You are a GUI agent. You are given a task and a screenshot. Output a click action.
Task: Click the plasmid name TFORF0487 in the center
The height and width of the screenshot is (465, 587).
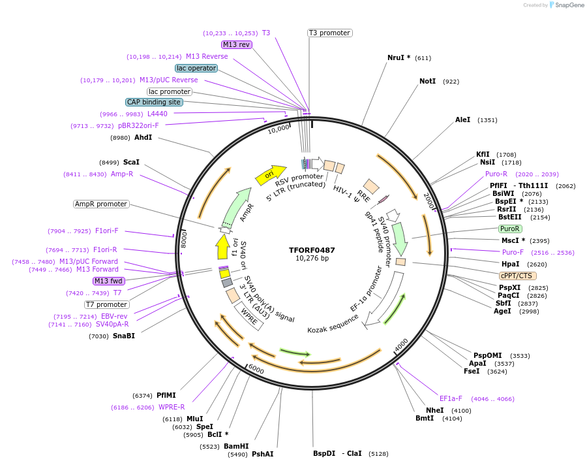312,250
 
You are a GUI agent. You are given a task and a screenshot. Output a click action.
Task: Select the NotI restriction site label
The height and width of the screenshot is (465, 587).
427,82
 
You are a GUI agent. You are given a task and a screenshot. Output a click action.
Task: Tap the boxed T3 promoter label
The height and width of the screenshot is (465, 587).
329,33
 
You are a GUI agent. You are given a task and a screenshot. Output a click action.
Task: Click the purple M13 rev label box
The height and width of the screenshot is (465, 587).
236,44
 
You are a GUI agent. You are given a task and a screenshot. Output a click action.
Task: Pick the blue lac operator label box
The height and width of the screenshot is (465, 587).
196,68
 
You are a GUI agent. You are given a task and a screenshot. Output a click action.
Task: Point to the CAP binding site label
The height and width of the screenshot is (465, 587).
154,102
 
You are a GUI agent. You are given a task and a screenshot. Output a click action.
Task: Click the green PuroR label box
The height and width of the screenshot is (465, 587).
509,229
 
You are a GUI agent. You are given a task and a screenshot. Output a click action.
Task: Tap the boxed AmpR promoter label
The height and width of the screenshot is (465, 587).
101,204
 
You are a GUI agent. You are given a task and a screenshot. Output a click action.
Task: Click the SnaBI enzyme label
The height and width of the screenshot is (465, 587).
124,336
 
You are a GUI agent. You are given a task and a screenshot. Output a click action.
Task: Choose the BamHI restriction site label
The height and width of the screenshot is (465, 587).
236,446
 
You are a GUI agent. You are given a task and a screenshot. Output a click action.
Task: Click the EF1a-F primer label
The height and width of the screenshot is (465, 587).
451,398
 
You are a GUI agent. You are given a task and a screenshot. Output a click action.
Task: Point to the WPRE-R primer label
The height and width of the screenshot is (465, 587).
172,407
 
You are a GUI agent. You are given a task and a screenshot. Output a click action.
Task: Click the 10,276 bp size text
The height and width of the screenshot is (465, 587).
312,259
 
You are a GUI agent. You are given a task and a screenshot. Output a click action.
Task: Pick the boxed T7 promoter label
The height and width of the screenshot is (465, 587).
107,304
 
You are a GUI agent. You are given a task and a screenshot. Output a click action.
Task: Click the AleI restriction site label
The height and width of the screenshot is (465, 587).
462,120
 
